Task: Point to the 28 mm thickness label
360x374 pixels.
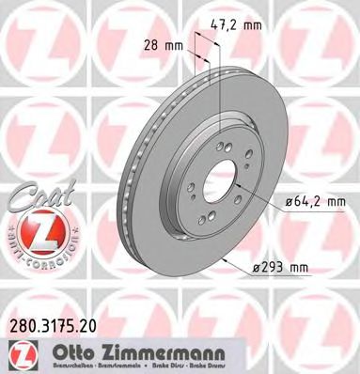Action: tap(163, 45)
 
